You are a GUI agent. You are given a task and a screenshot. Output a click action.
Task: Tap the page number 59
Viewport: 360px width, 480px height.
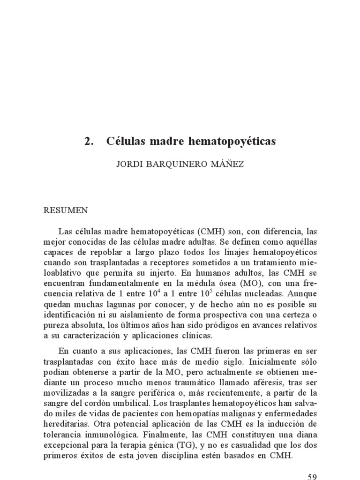(x=313, y=477)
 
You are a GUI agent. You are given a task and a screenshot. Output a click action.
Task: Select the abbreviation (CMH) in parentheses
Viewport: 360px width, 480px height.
(x=213, y=232)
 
